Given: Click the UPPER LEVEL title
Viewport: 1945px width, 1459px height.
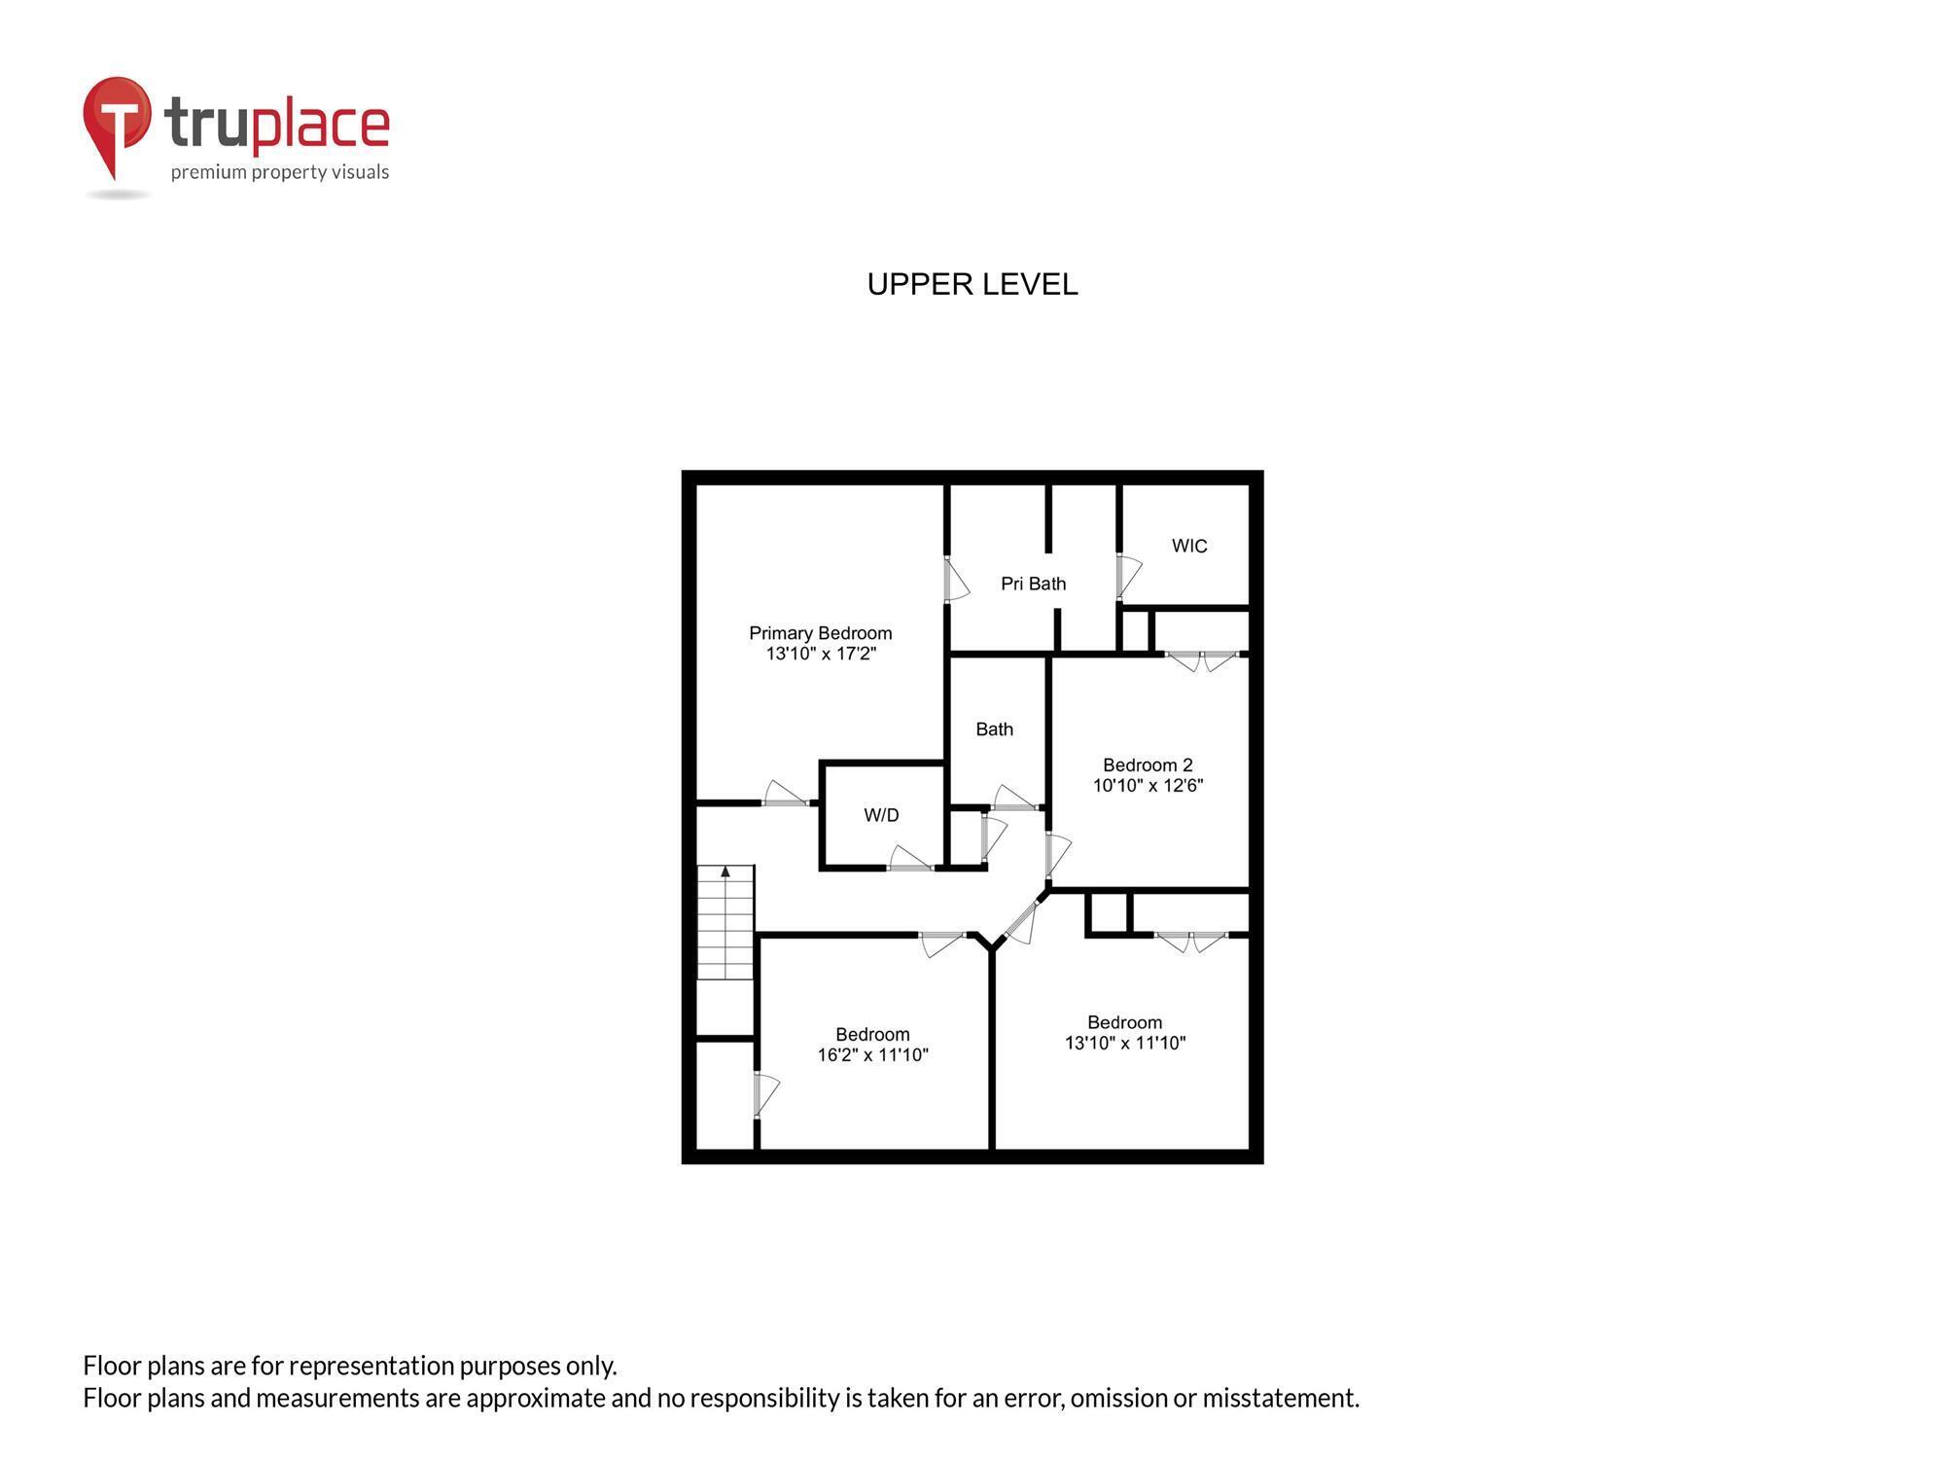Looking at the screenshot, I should (972, 285).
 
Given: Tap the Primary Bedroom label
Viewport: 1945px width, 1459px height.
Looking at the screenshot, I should (820, 633).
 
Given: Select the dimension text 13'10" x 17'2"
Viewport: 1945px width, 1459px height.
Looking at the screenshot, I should (821, 654).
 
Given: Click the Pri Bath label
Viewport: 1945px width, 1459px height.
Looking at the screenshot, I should (1033, 584).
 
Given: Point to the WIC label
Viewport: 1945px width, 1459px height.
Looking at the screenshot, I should (1188, 546).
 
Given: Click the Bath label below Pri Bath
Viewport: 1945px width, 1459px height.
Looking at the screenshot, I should (994, 729).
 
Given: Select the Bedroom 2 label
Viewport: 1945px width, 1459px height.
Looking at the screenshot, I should (1147, 765).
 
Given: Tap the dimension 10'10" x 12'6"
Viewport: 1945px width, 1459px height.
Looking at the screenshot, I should (1148, 786).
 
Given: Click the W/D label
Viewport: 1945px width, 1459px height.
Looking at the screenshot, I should (881, 815).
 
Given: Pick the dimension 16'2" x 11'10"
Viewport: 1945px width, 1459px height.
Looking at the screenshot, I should (872, 1055).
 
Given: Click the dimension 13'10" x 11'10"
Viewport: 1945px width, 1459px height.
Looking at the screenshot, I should (1124, 1044).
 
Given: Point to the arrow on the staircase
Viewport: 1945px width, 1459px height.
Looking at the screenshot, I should (725, 872).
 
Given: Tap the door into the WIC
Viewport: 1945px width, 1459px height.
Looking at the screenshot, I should (1127, 576).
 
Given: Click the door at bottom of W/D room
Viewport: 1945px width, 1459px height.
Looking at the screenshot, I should (910, 861).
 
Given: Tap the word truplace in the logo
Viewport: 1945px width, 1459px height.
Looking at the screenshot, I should (277, 124).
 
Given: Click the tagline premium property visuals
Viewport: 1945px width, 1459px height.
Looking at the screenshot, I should (280, 173).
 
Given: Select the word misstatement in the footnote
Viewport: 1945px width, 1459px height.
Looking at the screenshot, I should (1280, 1399).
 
